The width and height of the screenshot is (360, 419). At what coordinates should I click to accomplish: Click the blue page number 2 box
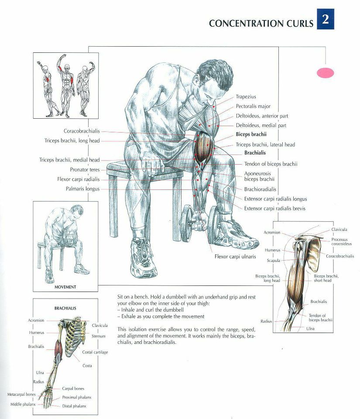[x=325, y=19]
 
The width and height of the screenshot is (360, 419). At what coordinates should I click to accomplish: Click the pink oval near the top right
[x=325, y=73]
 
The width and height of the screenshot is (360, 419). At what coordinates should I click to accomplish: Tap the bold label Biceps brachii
[x=251, y=134]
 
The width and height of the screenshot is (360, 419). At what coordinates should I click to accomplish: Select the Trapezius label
[x=246, y=97]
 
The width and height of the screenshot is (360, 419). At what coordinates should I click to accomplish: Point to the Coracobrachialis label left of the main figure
[x=82, y=131]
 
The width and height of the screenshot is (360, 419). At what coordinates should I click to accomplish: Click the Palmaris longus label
[x=82, y=189]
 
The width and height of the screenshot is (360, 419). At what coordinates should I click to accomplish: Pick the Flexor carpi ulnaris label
[x=235, y=257]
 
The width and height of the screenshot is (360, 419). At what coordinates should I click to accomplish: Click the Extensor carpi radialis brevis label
[x=274, y=209]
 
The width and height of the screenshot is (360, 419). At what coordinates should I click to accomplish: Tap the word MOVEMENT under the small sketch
[x=65, y=287]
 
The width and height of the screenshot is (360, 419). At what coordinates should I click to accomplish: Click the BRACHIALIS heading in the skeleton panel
[x=65, y=309]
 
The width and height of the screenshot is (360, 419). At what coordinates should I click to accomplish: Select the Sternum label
[x=98, y=336]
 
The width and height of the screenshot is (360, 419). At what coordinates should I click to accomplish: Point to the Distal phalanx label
[x=74, y=406]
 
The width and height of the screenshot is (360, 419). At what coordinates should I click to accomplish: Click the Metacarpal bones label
[x=21, y=395]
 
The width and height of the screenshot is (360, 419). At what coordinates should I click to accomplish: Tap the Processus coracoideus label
[x=341, y=241]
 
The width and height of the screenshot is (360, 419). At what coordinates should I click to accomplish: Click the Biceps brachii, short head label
[x=326, y=278]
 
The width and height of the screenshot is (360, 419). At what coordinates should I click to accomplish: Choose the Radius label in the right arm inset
[x=266, y=321]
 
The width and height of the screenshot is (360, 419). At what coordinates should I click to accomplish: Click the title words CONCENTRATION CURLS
[x=261, y=23]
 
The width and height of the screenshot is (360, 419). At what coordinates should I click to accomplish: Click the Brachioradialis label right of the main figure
[x=260, y=189]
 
